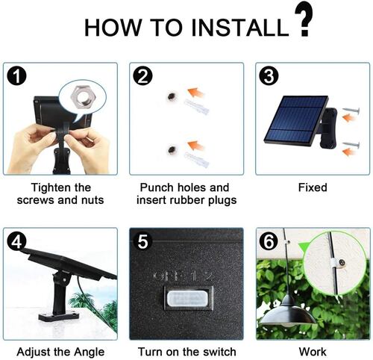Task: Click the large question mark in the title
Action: (x=302, y=20)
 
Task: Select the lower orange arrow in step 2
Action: (x=195, y=144)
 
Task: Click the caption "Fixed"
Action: (x=313, y=187)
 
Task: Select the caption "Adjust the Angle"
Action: (x=60, y=352)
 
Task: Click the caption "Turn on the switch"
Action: (x=186, y=352)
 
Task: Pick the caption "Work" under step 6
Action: (x=313, y=352)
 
